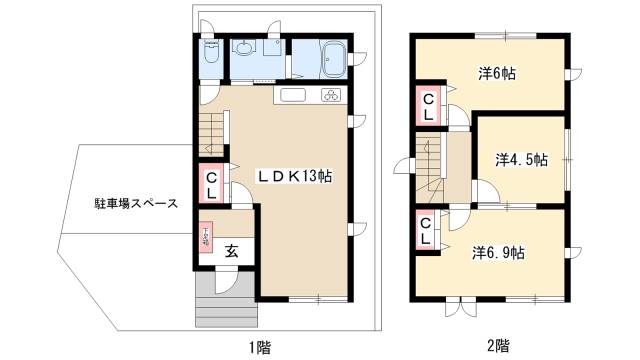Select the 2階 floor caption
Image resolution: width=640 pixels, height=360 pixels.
tap(497, 347)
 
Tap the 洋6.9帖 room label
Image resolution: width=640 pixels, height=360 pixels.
tap(499, 253)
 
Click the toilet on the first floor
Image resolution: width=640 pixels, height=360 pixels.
tap(210, 58)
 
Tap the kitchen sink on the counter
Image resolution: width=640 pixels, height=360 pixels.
tap(293, 95)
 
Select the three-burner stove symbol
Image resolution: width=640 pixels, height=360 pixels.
tap(330, 95)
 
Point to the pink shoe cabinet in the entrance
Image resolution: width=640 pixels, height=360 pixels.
tap(206, 237)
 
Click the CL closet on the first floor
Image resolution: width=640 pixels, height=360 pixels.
tap(212, 186)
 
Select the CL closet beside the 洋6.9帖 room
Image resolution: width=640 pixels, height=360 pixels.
tap(427, 232)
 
